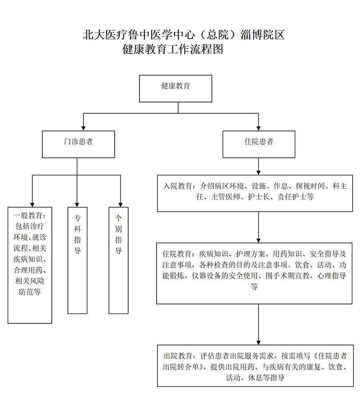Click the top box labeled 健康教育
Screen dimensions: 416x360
pos(175,88)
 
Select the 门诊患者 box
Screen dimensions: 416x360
pos(78,144)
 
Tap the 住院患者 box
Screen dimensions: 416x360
pos(259,144)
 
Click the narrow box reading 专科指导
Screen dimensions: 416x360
pos(77,260)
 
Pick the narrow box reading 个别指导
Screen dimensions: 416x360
pos(118,260)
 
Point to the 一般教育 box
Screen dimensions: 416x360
pos(30,264)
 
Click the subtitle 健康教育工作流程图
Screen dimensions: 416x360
pos(173,49)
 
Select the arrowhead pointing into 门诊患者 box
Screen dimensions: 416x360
pos(83,127)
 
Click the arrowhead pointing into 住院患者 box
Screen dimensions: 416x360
pos(258,127)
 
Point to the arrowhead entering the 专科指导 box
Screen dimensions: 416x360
pos(77,203)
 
